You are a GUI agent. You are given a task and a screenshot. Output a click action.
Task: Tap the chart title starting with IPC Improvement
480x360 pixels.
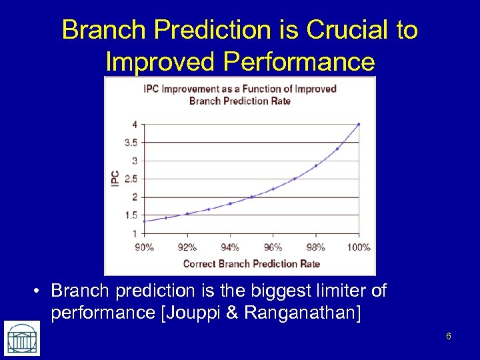(x=240, y=95)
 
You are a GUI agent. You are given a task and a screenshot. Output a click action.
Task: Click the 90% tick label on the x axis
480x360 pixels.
(x=144, y=247)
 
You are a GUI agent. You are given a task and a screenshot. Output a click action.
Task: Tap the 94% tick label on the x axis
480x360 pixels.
(x=230, y=247)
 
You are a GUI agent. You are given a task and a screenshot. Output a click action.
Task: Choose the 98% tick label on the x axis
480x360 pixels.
(x=316, y=247)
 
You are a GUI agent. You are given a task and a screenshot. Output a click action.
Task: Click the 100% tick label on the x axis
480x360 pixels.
(x=359, y=247)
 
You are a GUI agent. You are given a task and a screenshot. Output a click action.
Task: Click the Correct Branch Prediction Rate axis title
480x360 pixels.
(x=251, y=263)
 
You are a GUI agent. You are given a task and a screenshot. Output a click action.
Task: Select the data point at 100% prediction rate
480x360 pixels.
(x=359, y=124)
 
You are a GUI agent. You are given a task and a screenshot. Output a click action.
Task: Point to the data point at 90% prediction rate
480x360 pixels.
(x=144, y=221)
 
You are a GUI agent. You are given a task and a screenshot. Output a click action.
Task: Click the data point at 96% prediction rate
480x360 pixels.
(x=273, y=189)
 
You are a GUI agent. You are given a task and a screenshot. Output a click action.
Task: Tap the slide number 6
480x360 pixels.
(x=449, y=336)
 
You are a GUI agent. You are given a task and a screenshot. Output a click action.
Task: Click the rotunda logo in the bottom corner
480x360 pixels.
(x=22, y=337)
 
